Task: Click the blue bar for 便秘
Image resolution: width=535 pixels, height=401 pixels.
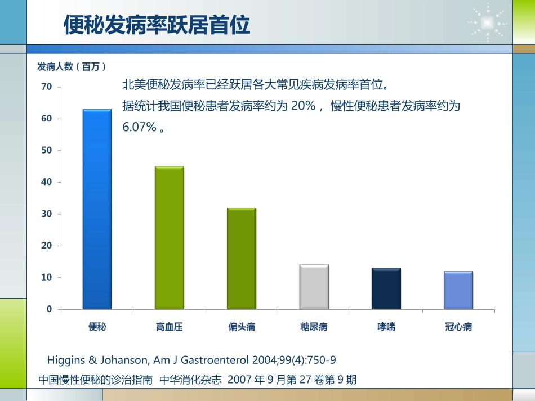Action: pyautogui.click(x=97, y=209)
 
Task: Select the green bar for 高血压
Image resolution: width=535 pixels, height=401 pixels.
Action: pyautogui.click(x=169, y=237)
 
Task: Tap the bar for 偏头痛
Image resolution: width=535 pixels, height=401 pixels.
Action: pyautogui.click(x=241, y=258)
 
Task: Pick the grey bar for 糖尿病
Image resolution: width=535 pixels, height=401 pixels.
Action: pyautogui.click(x=314, y=287)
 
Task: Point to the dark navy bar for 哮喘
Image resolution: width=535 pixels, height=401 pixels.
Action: pyautogui.click(x=386, y=289)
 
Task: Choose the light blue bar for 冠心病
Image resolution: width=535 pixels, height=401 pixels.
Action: pyautogui.click(x=458, y=290)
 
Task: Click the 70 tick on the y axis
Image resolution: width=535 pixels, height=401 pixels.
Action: pyautogui.click(x=46, y=87)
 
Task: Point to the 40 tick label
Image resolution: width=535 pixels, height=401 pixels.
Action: pyautogui.click(x=46, y=182)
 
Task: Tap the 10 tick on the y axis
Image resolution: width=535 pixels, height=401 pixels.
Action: pyautogui.click(x=46, y=277)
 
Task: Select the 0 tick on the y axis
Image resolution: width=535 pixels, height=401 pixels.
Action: pyautogui.click(x=49, y=309)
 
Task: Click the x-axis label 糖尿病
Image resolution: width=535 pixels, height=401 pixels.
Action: pyautogui.click(x=314, y=327)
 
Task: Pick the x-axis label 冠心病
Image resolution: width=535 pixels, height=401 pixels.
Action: pyautogui.click(x=458, y=327)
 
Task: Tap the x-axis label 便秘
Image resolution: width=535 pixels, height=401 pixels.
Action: pyautogui.click(x=97, y=327)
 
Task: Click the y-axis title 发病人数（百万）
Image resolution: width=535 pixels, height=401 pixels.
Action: pyautogui.click(x=72, y=67)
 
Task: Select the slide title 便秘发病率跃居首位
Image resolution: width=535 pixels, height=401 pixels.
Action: pyautogui.click(x=157, y=25)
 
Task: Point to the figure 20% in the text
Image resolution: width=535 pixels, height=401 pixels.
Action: pyautogui.click(x=303, y=106)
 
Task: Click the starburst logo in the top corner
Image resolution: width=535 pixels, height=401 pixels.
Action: pyautogui.click(x=487, y=22)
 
